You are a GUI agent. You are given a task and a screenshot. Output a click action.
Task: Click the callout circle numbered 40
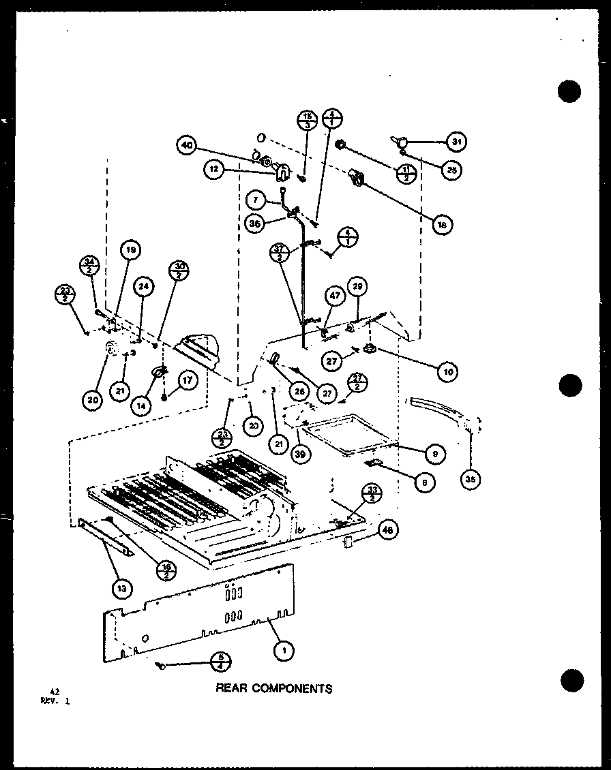[x=187, y=144]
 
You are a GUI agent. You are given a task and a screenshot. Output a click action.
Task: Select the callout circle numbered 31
[x=455, y=142]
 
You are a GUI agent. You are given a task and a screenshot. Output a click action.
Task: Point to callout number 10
[x=447, y=371]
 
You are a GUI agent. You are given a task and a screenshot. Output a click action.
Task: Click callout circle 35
[x=470, y=480]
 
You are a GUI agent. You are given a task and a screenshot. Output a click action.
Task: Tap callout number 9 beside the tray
[x=434, y=452]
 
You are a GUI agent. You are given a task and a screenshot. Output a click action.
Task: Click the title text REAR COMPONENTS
[x=274, y=688]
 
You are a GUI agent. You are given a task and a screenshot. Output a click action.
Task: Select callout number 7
[x=255, y=202]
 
